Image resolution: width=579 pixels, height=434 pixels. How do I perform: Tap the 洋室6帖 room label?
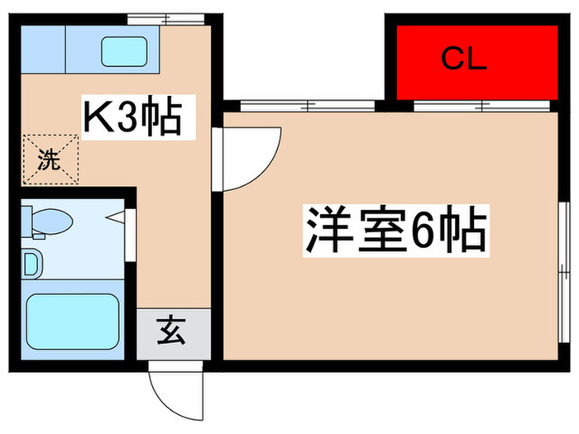395,231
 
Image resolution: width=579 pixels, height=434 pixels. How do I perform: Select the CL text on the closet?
463,60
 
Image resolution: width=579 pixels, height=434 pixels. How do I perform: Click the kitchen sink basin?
124,52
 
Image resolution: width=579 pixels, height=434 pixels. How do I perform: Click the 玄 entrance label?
175,333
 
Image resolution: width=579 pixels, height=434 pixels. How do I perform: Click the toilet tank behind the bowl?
26,221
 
